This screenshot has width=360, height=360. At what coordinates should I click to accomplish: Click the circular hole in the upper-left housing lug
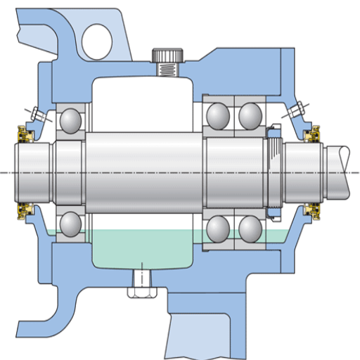[98, 39]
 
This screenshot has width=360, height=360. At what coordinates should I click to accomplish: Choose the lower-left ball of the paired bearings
[219, 229]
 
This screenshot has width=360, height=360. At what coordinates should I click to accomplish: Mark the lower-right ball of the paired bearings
[250, 229]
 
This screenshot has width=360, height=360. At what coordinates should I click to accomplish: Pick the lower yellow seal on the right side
[310, 210]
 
